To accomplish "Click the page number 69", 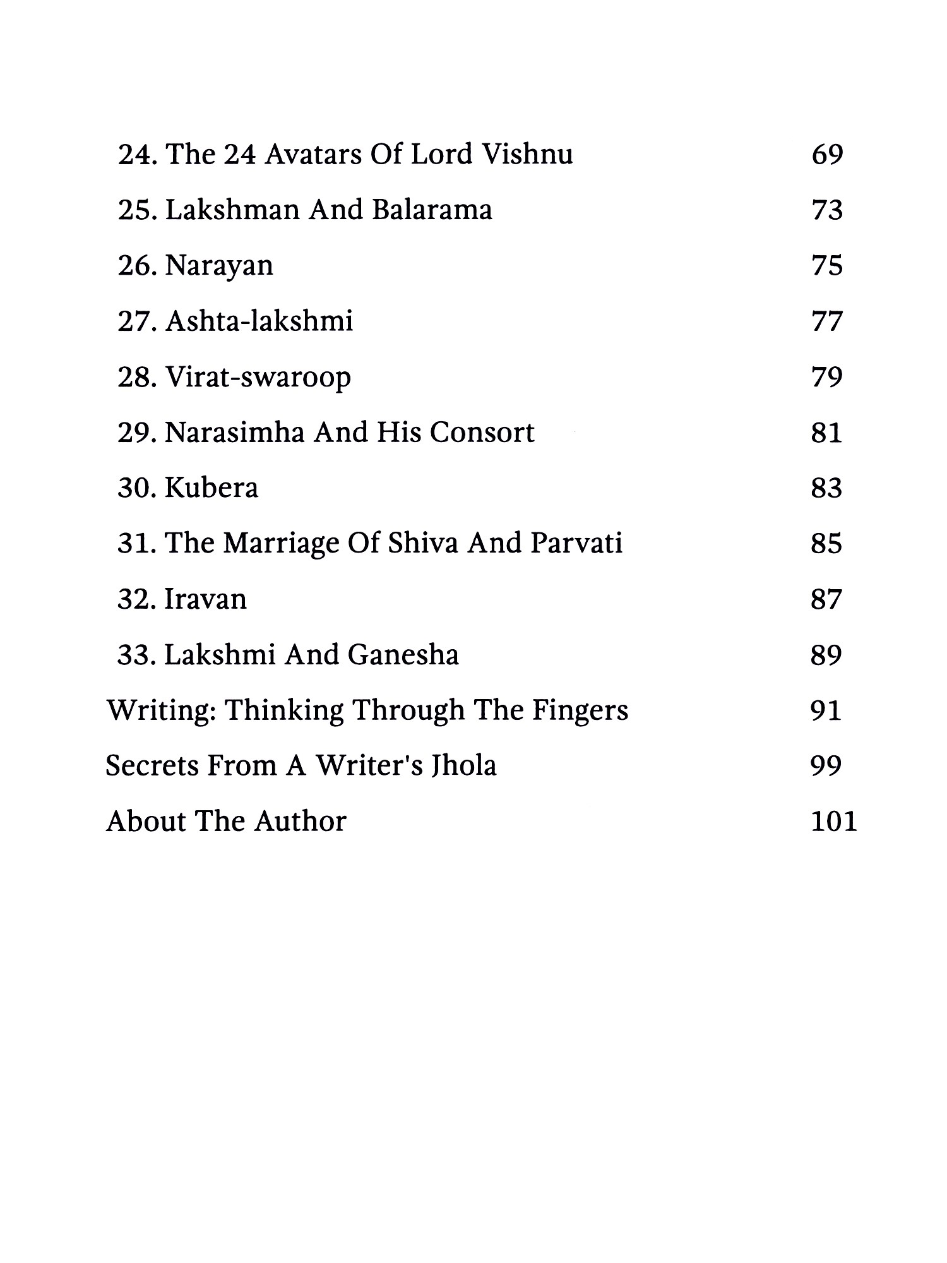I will point(827,155).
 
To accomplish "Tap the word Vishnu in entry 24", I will point(527,155).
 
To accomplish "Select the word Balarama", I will point(432,210).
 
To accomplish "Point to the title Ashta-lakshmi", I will point(259,321).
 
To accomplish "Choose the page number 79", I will point(827,378).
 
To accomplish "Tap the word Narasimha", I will point(234,433).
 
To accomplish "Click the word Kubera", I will point(211,489).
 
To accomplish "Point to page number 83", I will point(827,489).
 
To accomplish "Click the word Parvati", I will point(576,544).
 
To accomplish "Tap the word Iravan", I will point(206,600).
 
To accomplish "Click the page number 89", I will point(827,655).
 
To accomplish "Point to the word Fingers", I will point(580,711).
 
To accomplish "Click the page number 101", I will point(834,822).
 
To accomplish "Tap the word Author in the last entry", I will point(301,822).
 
